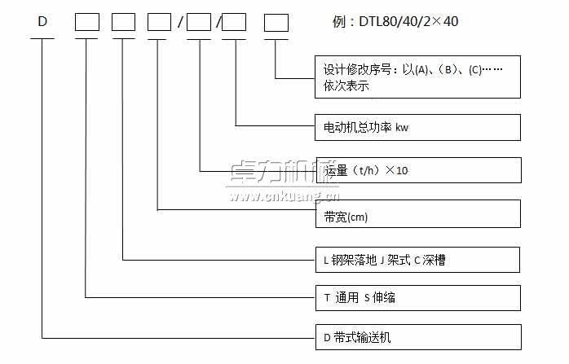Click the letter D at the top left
click(x=42, y=22)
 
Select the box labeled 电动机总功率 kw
click(x=417, y=127)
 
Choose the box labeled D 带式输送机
click(x=417, y=335)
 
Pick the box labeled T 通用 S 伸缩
click(x=417, y=297)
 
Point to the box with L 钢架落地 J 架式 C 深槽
click(x=417, y=260)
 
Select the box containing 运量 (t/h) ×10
click(x=417, y=170)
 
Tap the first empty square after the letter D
click(x=87, y=22)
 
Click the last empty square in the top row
click(x=276, y=22)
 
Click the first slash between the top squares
click(x=179, y=23)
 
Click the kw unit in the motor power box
click(x=401, y=127)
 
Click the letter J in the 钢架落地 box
click(x=382, y=261)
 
